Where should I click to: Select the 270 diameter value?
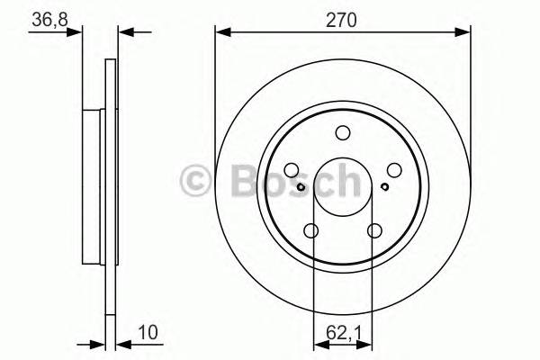tap(343, 19)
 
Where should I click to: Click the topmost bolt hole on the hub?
tap(342, 134)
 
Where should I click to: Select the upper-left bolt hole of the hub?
tap(292, 170)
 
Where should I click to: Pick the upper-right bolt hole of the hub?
tap(392, 170)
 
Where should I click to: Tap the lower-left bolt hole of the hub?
tap(311, 231)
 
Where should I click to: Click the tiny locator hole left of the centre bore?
tap(301, 187)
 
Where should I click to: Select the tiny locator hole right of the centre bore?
tap(384, 187)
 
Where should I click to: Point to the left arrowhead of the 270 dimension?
tap(221, 32)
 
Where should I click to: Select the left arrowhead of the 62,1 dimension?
tap(318, 343)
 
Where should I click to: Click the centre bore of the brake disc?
tap(342, 187)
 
